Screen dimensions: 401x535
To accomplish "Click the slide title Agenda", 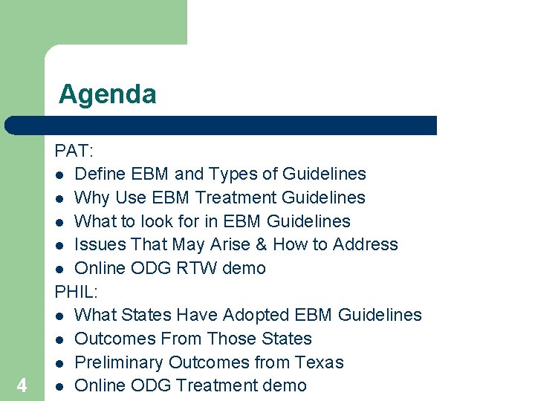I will coord(108,94).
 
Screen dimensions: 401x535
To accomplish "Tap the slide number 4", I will coord(22,385).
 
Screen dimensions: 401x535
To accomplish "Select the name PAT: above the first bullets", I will coord(74,150).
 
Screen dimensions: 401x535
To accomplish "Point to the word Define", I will coord(100,174).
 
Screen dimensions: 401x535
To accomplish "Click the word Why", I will coord(92,198).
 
